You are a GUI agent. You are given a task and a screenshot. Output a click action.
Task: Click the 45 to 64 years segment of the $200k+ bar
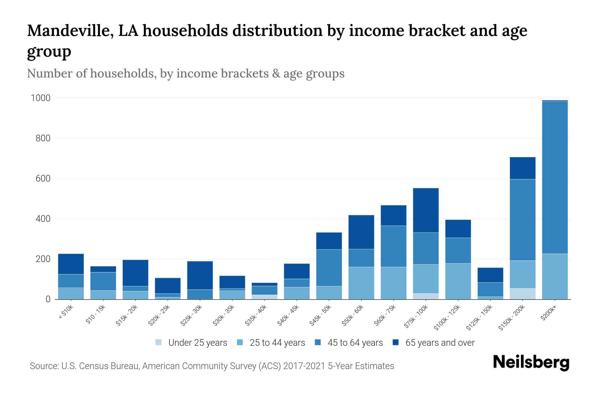(x=554, y=178)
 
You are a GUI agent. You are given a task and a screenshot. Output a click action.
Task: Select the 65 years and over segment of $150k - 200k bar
(x=522, y=168)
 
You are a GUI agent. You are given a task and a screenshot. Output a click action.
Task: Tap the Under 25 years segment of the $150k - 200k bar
(x=522, y=294)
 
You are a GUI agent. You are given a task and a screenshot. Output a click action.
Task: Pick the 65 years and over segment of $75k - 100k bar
(x=426, y=210)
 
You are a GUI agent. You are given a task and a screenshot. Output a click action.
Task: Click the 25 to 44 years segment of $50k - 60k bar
(x=361, y=283)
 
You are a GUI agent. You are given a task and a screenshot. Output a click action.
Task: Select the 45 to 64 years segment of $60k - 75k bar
(x=393, y=246)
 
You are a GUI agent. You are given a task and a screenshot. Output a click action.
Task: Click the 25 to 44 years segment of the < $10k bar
(x=71, y=293)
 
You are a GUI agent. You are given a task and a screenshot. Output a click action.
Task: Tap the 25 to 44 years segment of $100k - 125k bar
(x=458, y=281)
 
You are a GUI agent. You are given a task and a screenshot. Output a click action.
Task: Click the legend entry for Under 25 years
(x=197, y=343)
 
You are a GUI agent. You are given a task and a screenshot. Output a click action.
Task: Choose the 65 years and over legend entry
(x=440, y=343)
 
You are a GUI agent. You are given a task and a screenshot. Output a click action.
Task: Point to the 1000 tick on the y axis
(x=41, y=98)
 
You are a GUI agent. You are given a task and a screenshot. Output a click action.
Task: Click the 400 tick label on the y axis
(x=43, y=219)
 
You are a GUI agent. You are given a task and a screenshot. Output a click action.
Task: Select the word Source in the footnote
(x=43, y=366)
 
